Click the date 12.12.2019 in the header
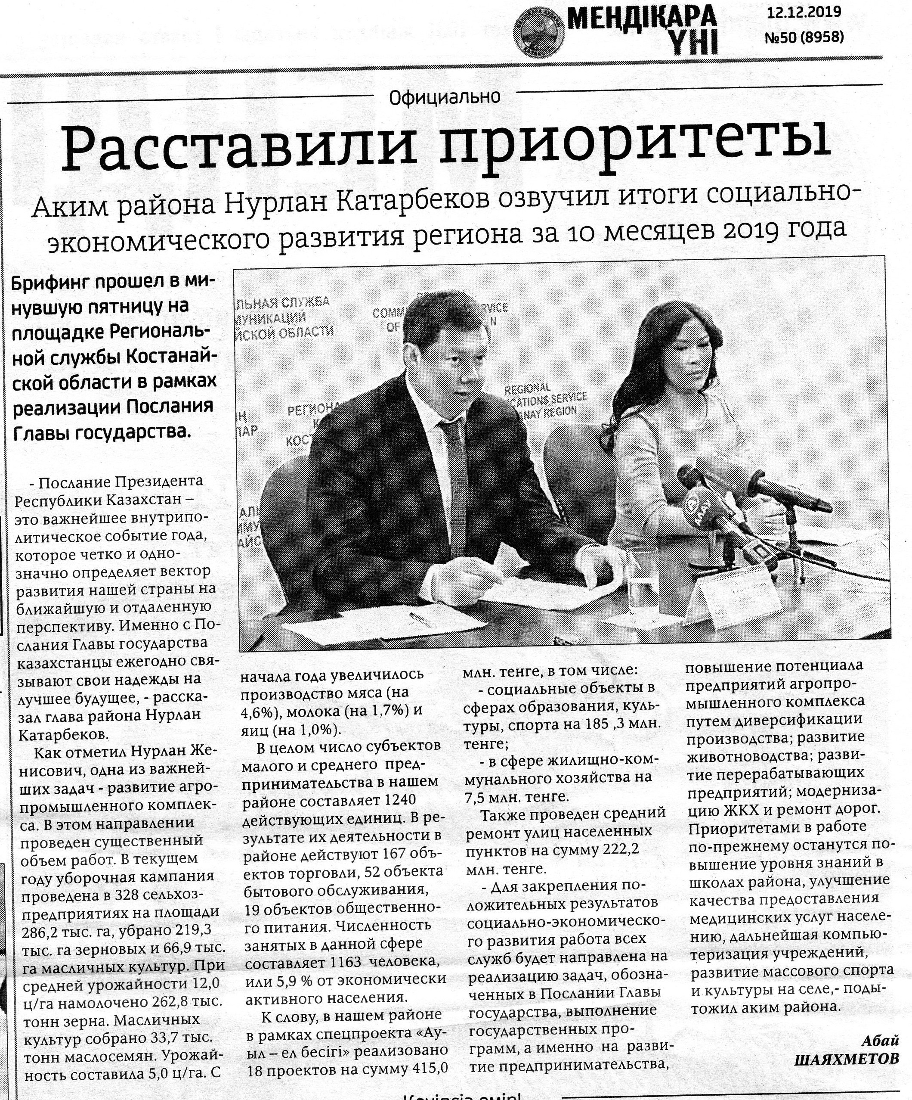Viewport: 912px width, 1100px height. [x=804, y=12]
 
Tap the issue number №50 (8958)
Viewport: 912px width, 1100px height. [x=804, y=37]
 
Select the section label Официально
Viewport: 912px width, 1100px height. [x=445, y=97]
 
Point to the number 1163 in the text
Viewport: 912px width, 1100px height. [x=346, y=962]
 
